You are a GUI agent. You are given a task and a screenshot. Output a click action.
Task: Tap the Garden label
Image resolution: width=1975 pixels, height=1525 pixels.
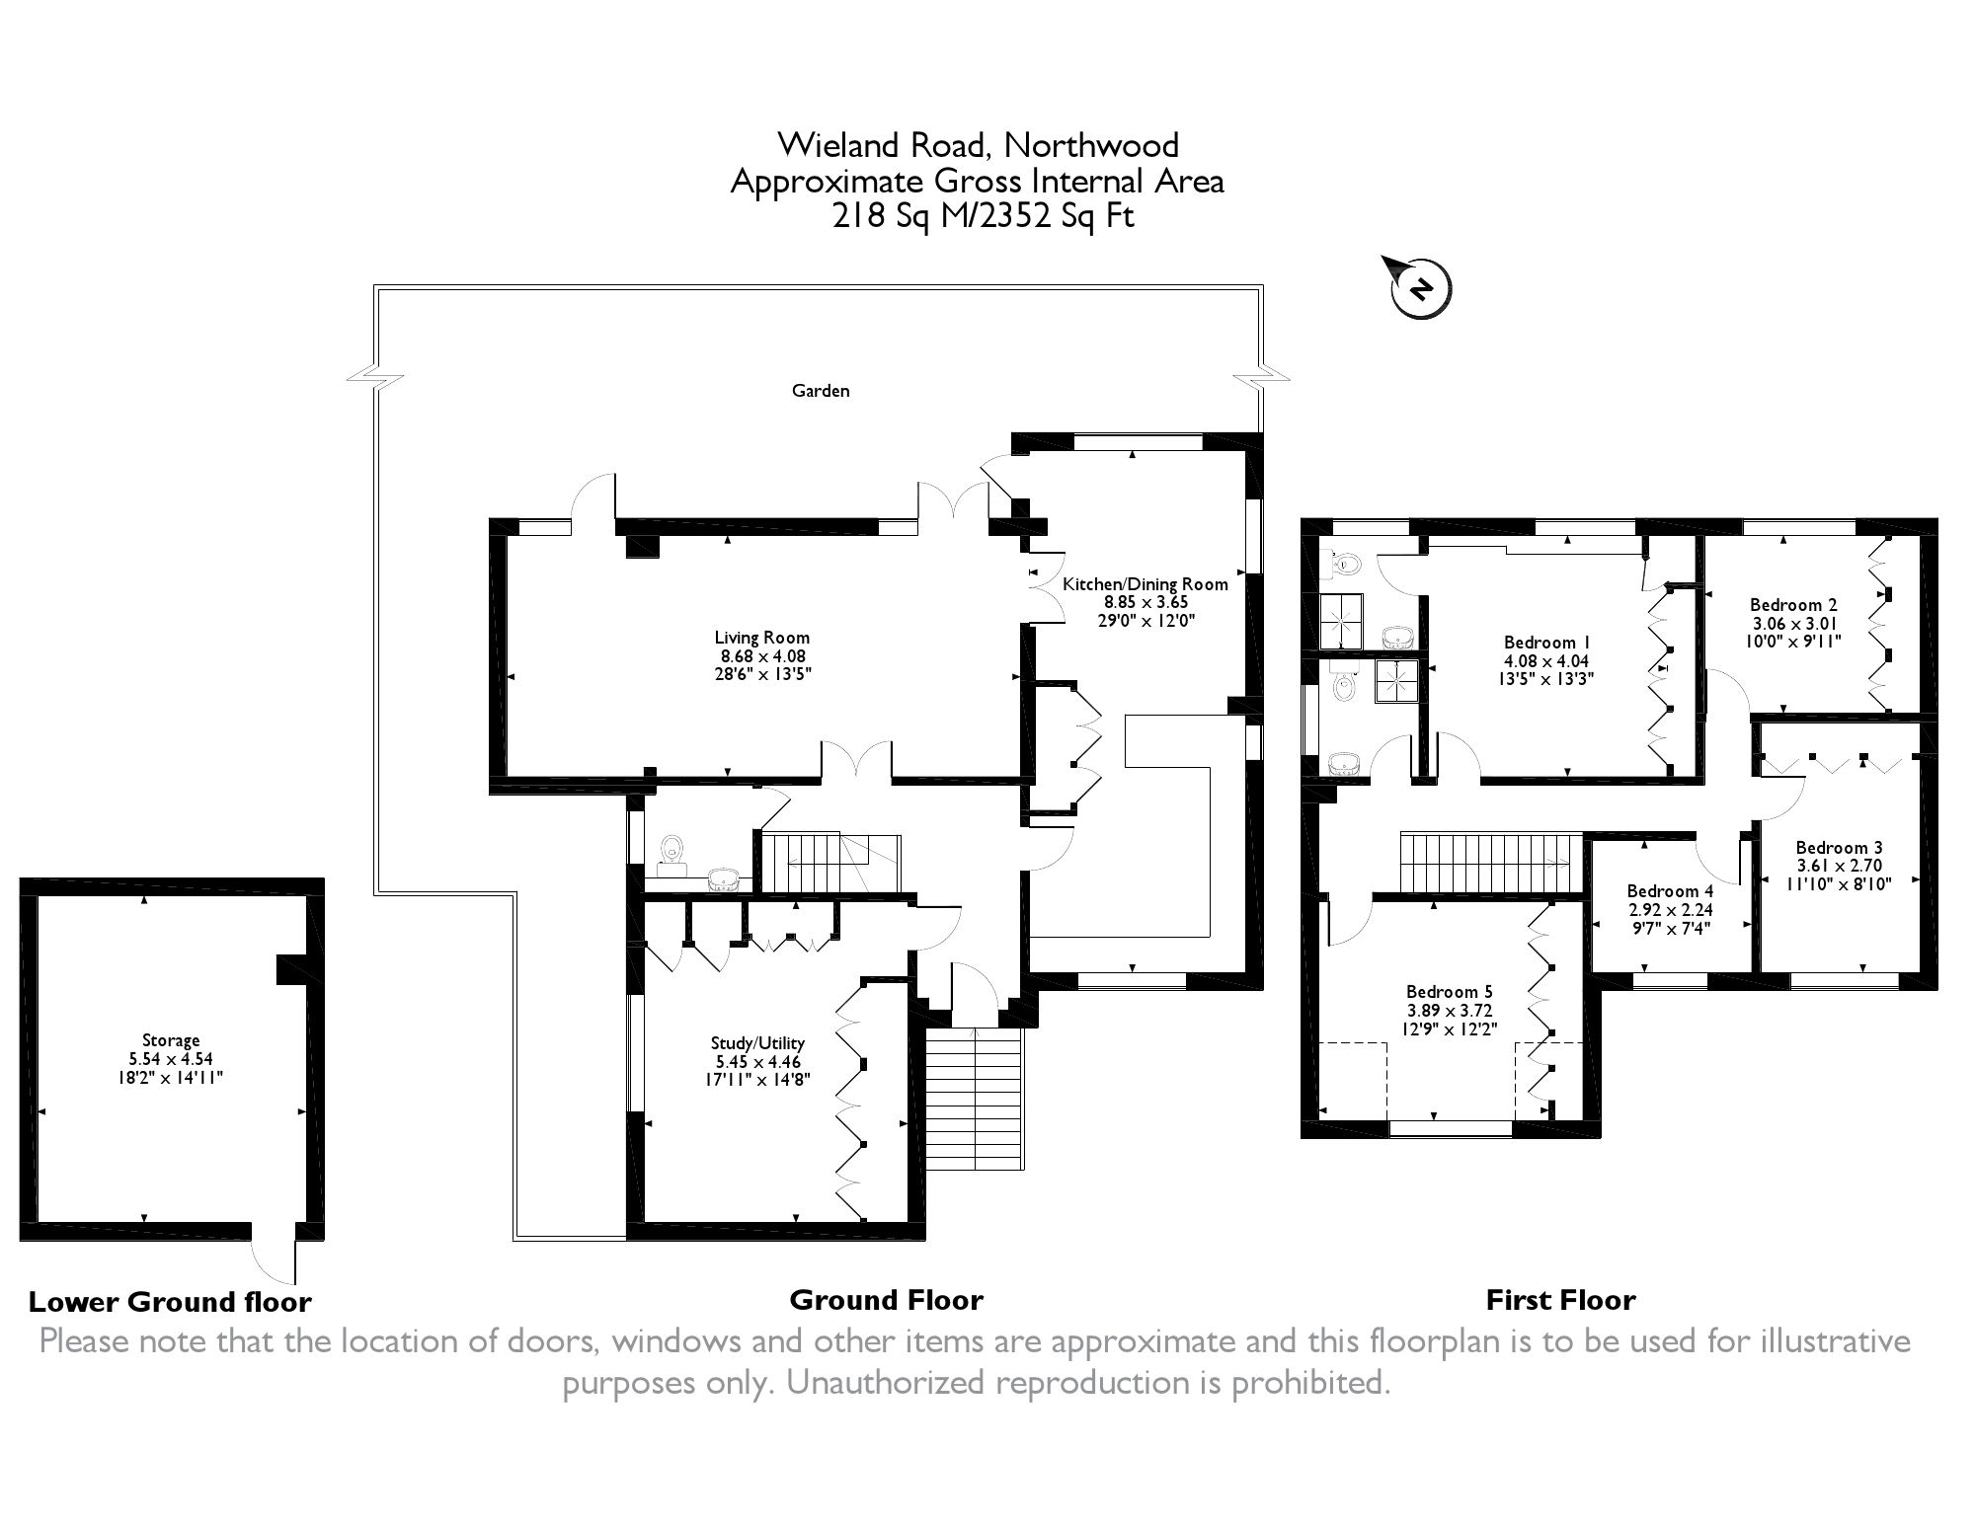point(821,391)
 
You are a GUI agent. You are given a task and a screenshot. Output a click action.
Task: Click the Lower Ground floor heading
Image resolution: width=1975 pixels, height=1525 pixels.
point(170,1302)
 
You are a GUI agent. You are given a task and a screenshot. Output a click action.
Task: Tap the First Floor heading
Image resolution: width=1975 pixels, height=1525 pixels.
point(1560,1300)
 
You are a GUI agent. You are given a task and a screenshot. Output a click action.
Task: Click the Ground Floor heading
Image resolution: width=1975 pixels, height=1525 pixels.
point(886,1300)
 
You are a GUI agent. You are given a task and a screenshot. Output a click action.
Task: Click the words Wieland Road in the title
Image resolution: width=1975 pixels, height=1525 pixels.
point(882,145)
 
